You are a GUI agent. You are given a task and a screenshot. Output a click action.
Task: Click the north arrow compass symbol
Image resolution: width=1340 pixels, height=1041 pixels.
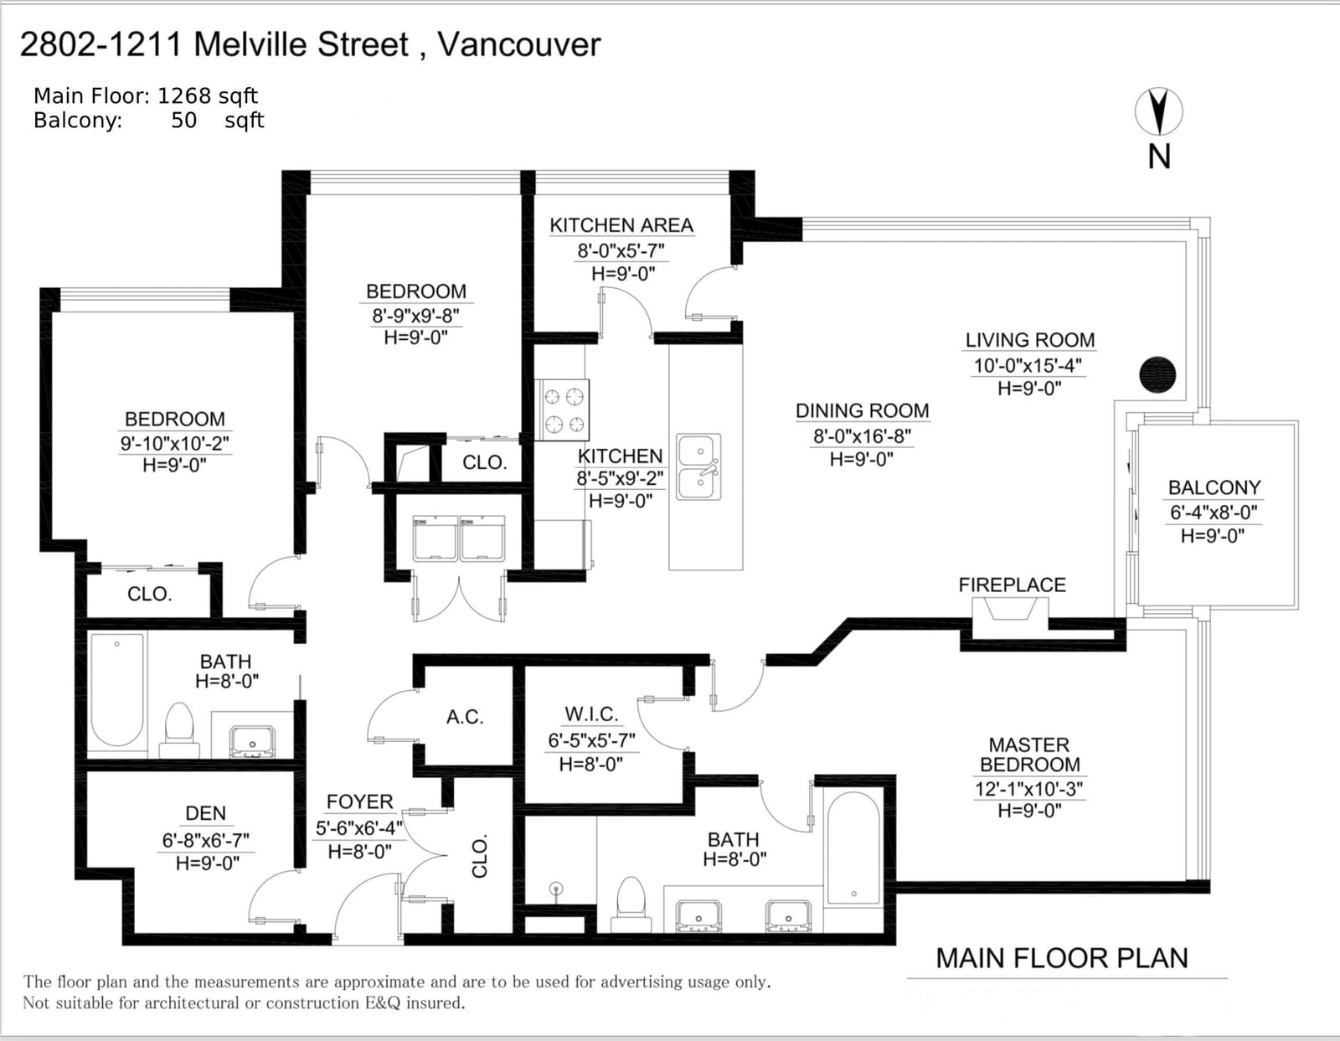tap(1159, 111)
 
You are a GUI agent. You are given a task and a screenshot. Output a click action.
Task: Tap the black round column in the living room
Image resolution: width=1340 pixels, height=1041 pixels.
tap(1157, 374)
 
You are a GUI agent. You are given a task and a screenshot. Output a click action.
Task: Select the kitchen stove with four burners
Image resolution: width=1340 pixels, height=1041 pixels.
tap(562, 410)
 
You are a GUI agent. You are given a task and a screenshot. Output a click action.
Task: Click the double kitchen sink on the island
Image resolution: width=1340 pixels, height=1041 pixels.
tap(698, 466)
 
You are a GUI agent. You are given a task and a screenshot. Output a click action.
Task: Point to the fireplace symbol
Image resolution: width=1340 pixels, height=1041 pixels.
tap(1010, 617)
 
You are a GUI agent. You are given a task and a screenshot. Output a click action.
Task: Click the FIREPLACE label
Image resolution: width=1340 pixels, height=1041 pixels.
tap(1012, 585)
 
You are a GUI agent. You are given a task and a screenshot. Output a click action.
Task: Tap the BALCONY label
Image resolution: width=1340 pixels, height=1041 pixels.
tap(1214, 487)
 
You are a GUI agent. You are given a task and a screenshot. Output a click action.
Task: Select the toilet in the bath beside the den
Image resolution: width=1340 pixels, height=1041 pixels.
tap(179, 732)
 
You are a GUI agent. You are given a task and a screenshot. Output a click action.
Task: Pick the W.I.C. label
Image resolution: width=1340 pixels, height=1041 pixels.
tap(591, 714)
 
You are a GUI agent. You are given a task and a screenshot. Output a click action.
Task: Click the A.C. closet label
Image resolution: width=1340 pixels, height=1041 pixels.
tap(465, 717)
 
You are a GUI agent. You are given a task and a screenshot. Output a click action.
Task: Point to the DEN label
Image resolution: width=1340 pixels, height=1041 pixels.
tap(205, 813)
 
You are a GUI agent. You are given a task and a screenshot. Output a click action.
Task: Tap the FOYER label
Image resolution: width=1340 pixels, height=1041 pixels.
tap(359, 801)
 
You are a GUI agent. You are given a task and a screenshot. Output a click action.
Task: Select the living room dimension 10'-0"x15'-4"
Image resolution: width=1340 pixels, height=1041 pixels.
tap(1028, 365)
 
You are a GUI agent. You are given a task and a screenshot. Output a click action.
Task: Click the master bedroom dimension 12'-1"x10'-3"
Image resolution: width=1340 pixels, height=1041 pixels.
tap(1029, 789)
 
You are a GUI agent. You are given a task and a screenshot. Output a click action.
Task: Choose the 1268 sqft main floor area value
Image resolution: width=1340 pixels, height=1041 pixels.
tap(208, 96)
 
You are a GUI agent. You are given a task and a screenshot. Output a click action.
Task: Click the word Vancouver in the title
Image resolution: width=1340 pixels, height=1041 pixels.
tap(518, 44)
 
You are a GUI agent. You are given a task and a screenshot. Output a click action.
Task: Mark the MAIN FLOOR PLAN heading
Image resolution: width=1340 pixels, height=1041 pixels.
tap(1062, 958)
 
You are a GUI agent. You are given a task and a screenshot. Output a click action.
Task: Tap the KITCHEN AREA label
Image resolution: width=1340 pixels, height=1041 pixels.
tap(621, 225)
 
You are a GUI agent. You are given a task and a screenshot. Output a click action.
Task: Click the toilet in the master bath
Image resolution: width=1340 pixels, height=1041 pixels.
tap(631, 905)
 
